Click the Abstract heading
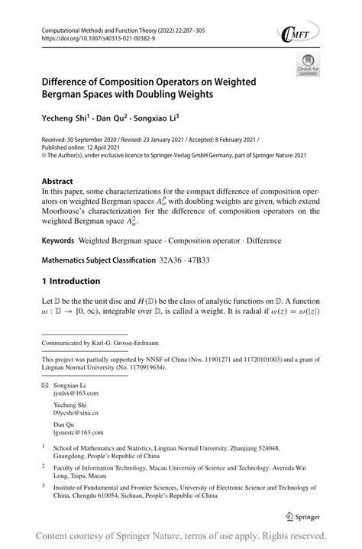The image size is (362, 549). tap(58, 182)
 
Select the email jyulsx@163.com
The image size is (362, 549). tap(76, 396)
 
